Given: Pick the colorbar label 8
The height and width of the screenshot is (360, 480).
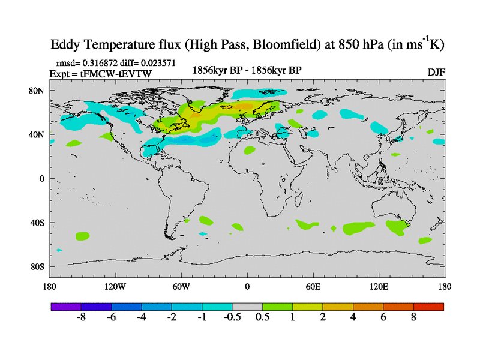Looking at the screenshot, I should pos(413,317).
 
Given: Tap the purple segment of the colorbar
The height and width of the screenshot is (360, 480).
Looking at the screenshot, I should pos(65,306).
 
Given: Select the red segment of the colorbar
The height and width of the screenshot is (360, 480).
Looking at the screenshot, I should pos(428,306).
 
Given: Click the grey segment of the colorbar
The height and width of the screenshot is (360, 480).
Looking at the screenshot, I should pos(247,306).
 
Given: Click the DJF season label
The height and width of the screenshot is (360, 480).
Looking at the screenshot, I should pos(436,73).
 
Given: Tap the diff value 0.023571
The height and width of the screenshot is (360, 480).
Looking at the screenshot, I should pos(157,62).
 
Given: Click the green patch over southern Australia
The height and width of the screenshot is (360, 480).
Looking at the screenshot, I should pos(397,227).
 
